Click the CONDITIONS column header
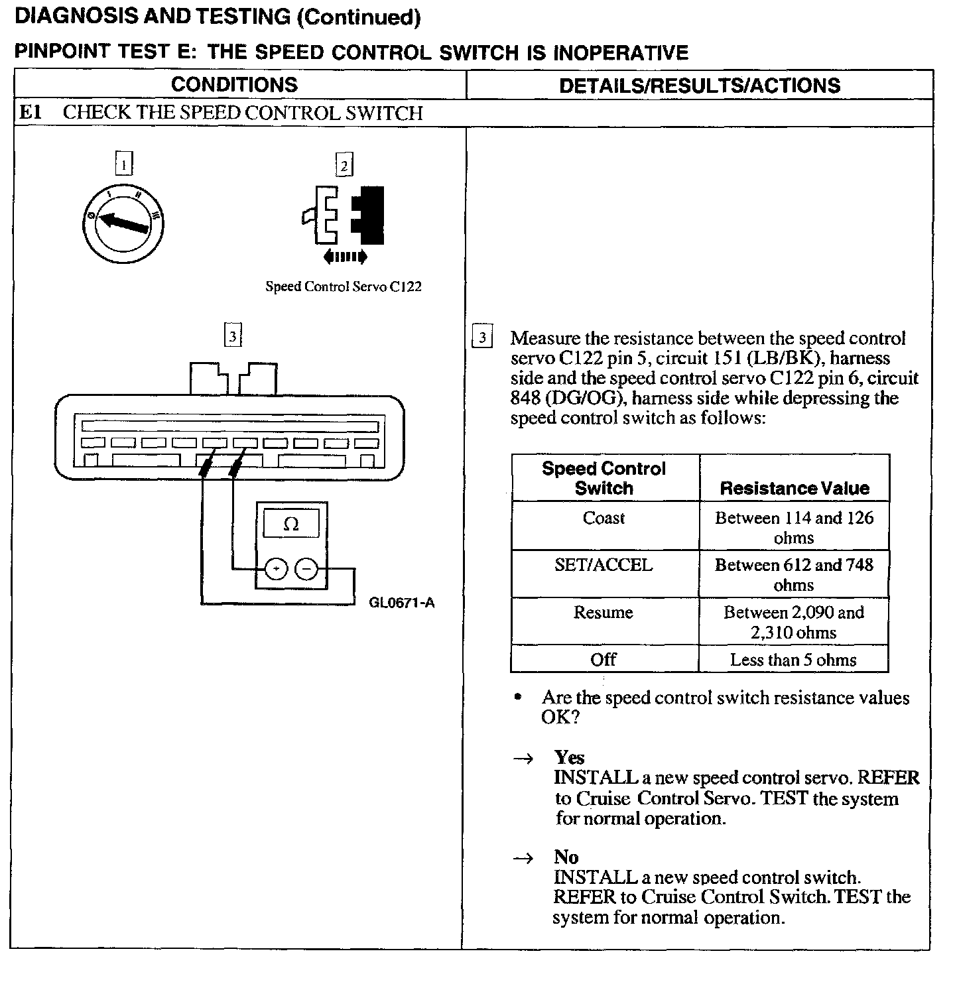tap(234, 85)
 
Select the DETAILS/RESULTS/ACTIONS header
tap(700, 86)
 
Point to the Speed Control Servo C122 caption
tap(344, 286)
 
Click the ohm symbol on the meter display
tap(291, 525)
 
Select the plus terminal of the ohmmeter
tap(276, 569)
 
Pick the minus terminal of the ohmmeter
tap(306, 569)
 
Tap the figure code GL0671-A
tap(402, 603)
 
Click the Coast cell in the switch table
tap(604, 518)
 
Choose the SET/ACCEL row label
tap(604, 565)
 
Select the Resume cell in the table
tap(604, 612)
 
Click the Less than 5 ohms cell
tap(793, 660)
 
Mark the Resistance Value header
tap(795, 489)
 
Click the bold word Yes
tap(570, 757)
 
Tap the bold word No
tap(566, 857)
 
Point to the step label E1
tap(31, 113)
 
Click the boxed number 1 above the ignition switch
tap(124, 163)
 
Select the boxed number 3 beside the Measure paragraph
tap(482, 338)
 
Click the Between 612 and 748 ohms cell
tap(794, 574)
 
